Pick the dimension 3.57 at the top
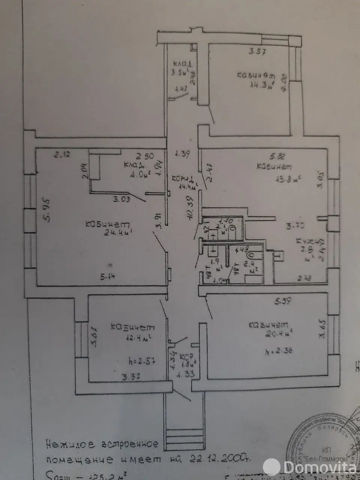point(257,52)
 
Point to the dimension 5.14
point(108,277)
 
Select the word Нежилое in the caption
point(64,445)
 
